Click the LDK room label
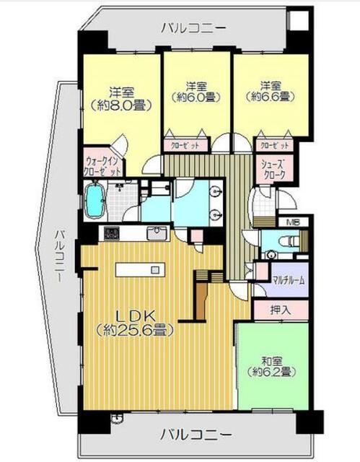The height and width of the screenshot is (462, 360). [x=135, y=316]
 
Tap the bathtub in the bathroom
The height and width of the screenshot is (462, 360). [x=95, y=201]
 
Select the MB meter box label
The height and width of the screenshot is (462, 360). [x=293, y=222]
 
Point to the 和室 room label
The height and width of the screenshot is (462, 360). [x=272, y=362]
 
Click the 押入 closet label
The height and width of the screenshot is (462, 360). [x=281, y=310]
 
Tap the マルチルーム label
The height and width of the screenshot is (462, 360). [x=288, y=280]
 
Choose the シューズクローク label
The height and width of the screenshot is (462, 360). [x=274, y=170]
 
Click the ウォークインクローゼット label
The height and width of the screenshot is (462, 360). [x=102, y=166]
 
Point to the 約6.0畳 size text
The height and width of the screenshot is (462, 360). [x=197, y=97]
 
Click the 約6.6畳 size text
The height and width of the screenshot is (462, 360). [x=271, y=96]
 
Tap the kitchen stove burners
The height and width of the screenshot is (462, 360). [x=112, y=234]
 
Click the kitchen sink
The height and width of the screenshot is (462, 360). [x=157, y=234]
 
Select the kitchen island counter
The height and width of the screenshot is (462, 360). [x=140, y=269]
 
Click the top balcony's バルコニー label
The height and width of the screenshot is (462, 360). [x=193, y=28]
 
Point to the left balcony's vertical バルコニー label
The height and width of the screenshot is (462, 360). [x=60, y=256]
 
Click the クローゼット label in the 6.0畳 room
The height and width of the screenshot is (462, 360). [x=185, y=145]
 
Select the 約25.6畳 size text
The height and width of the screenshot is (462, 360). [x=135, y=331]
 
